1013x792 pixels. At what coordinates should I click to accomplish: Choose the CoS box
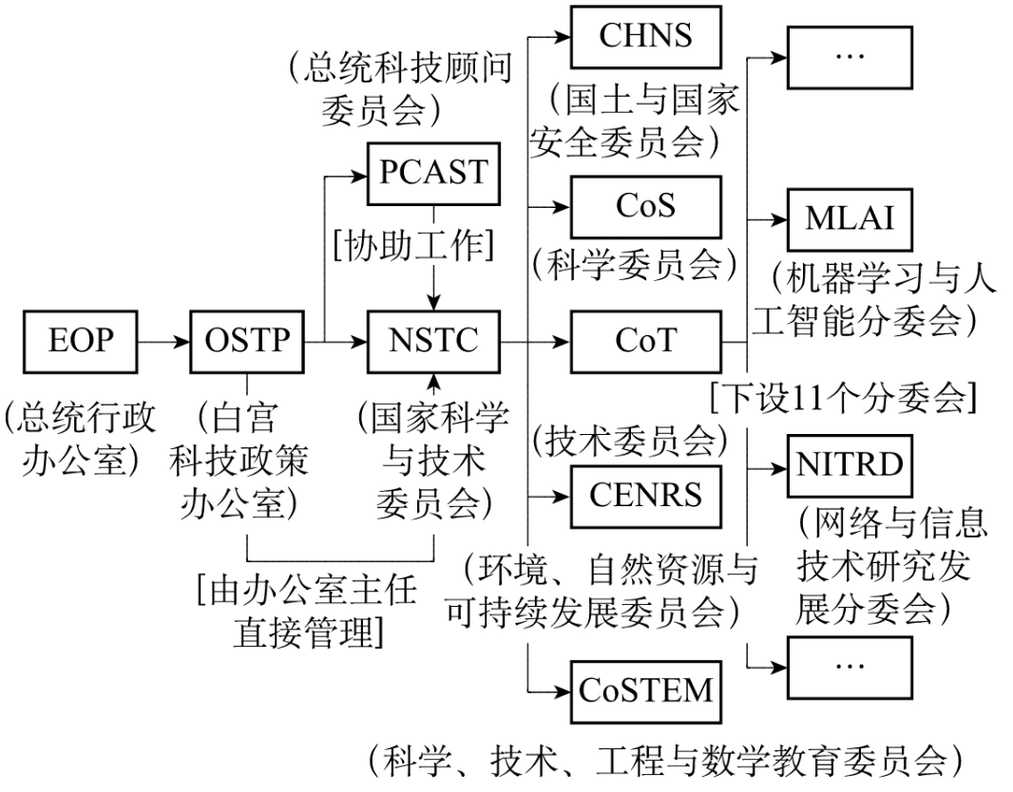(x=645, y=203)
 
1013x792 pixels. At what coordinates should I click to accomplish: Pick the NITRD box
(x=849, y=465)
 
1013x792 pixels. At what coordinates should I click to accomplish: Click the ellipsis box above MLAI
(x=849, y=56)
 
